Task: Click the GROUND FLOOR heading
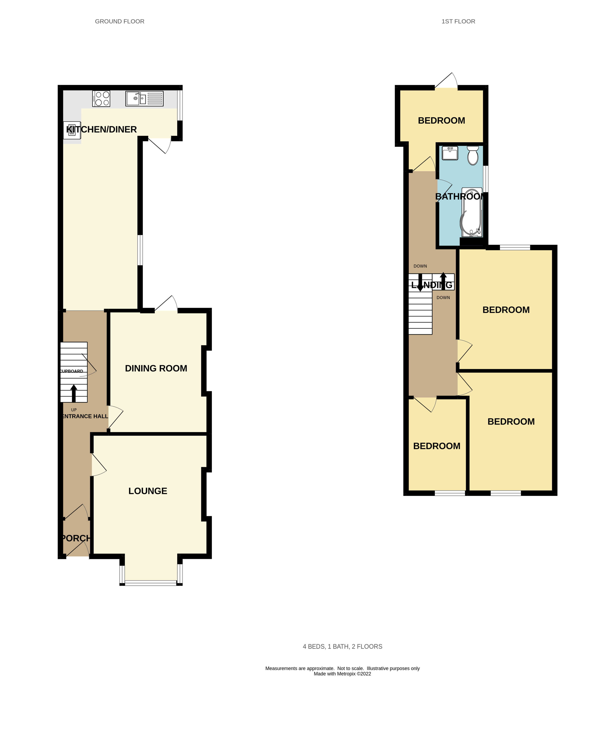(119, 21)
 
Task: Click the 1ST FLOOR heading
(458, 21)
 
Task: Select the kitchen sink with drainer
(144, 98)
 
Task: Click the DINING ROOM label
(156, 368)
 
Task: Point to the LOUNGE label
(148, 491)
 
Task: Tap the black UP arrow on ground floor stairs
(74, 393)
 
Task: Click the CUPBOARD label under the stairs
(72, 371)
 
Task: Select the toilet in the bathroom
(473, 155)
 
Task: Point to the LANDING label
(432, 285)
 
